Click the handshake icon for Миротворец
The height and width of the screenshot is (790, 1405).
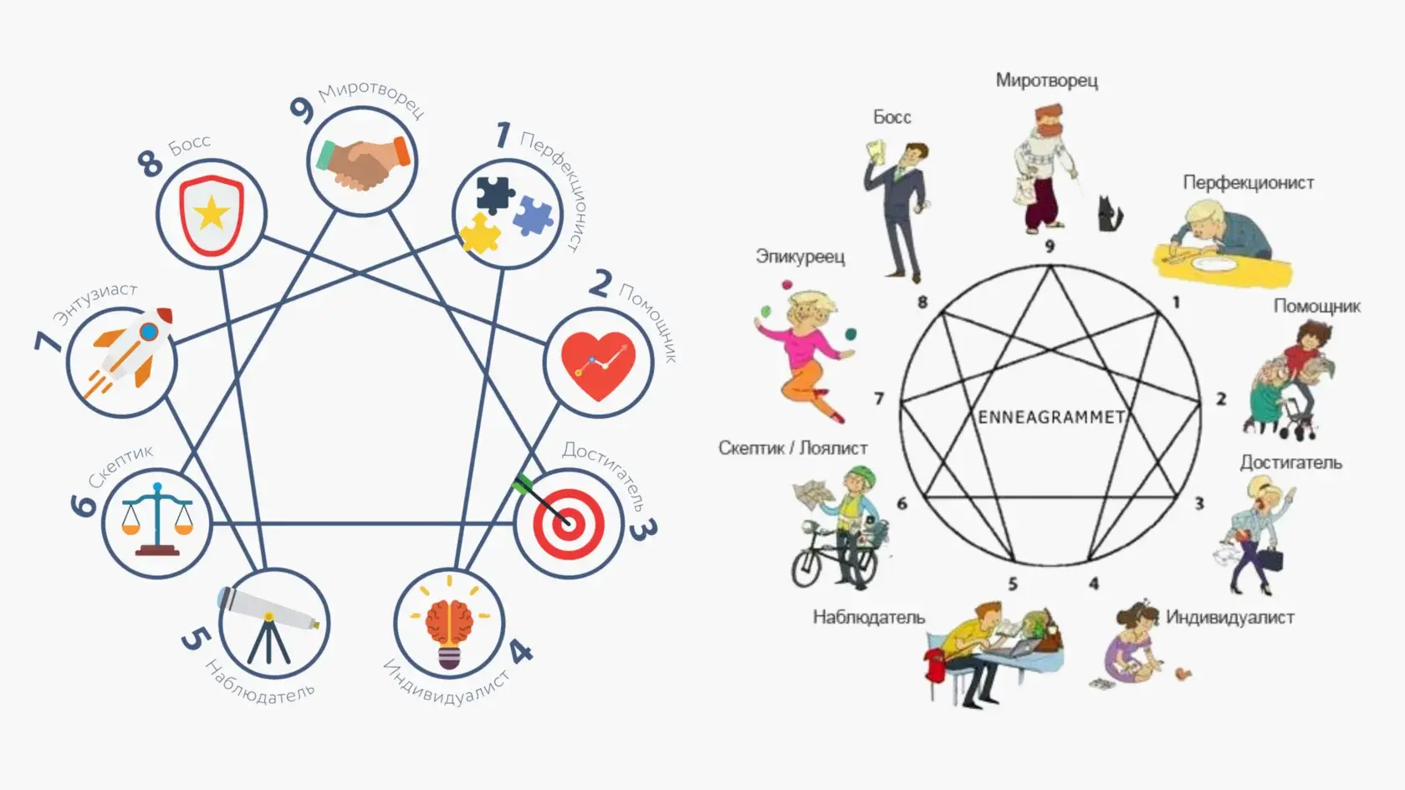point(362,161)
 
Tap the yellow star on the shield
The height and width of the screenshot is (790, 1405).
point(211,214)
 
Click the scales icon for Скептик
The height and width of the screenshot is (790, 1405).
point(156,519)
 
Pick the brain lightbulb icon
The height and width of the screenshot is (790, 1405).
point(449,624)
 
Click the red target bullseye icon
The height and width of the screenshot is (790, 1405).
point(569,524)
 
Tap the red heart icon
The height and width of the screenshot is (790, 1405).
point(598,364)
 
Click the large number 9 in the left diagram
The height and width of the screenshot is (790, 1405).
point(301,110)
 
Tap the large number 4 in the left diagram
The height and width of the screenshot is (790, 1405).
point(520,650)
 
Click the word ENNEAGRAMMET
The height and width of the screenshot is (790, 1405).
point(1051,417)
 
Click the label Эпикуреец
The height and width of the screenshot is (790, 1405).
point(800,256)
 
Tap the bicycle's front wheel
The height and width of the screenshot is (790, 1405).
point(810,568)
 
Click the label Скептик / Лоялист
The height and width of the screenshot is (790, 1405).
point(792,448)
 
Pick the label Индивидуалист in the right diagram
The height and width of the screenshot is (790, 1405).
point(1229,617)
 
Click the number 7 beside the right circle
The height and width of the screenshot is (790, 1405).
point(879,399)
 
